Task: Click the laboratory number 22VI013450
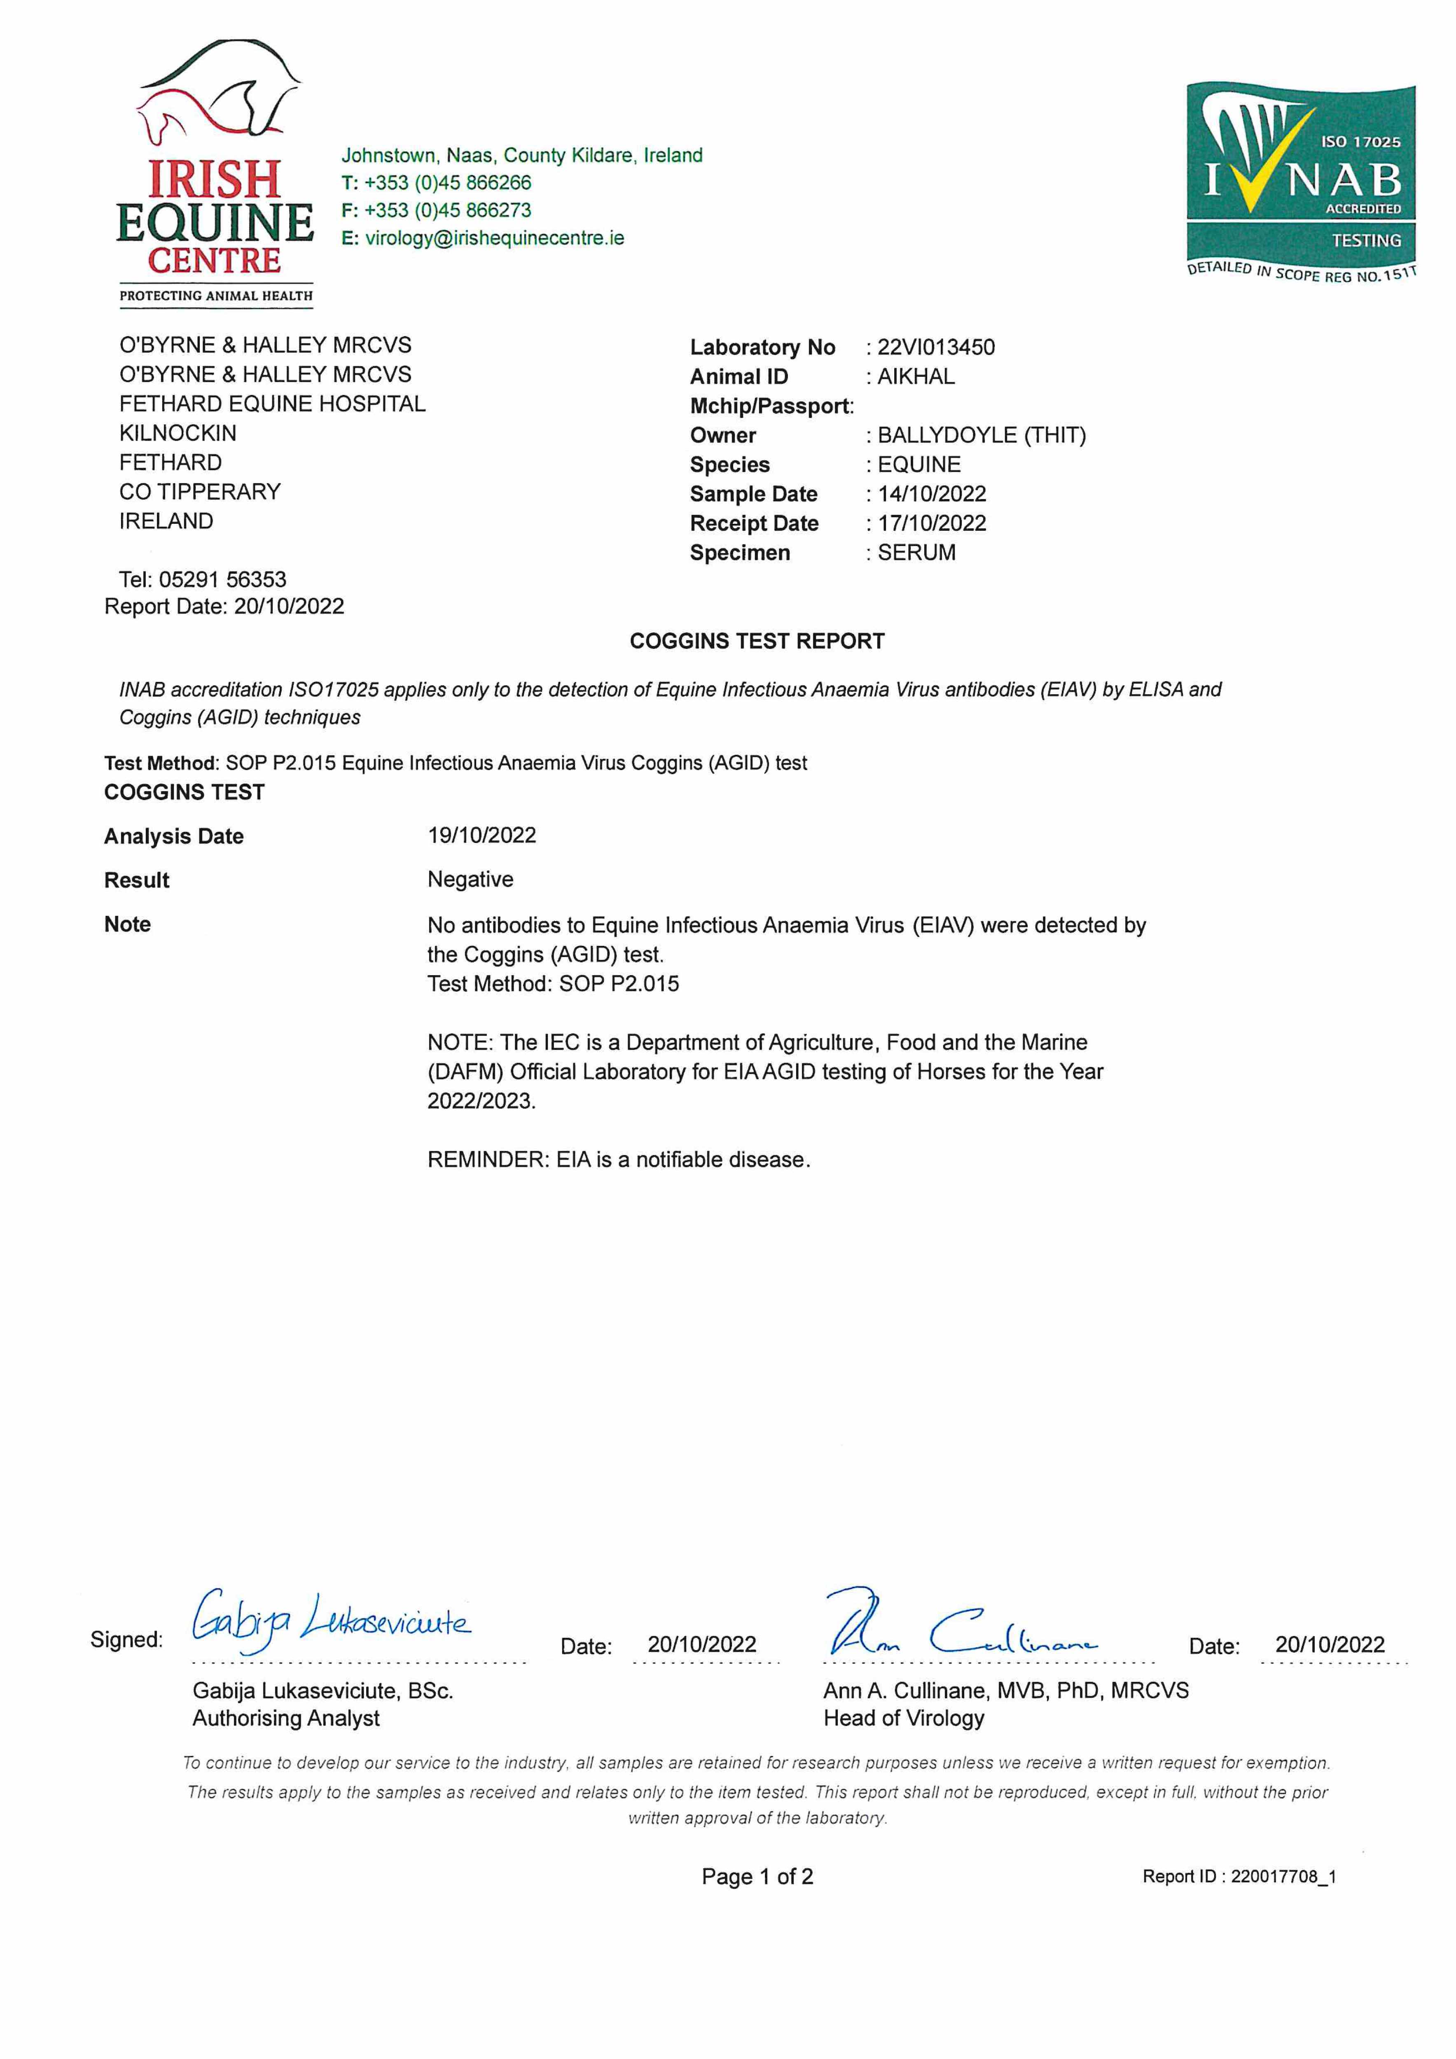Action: click(x=936, y=348)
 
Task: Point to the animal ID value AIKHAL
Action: click(x=916, y=377)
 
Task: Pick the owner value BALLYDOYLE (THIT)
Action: click(x=982, y=436)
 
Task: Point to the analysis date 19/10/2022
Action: click(x=482, y=836)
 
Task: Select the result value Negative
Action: click(x=470, y=880)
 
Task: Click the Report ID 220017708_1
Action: click(x=1283, y=1877)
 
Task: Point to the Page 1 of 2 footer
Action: click(x=757, y=1877)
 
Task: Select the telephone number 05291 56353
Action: click(x=222, y=580)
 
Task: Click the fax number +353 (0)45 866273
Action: click(x=447, y=211)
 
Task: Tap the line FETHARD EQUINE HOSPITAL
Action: click(x=272, y=404)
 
